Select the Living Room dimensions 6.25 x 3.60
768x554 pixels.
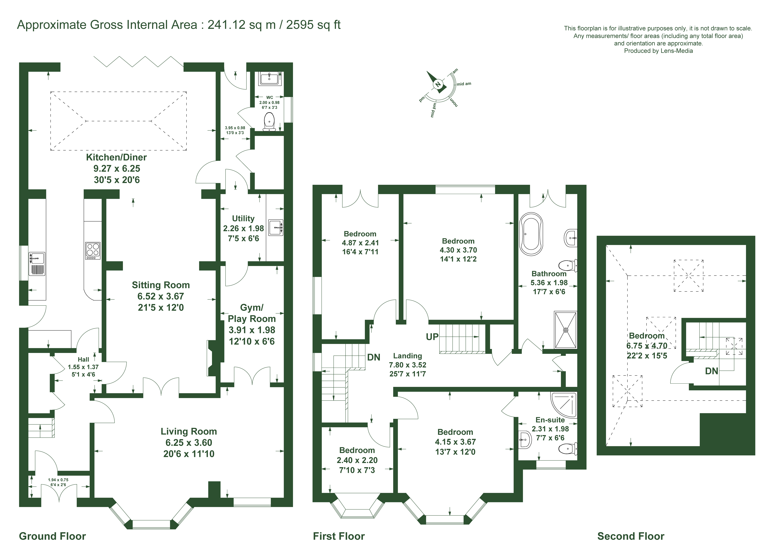pyautogui.click(x=189, y=443)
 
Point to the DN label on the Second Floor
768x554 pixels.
pyautogui.click(x=711, y=371)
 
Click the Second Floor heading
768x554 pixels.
pyautogui.click(x=631, y=536)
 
